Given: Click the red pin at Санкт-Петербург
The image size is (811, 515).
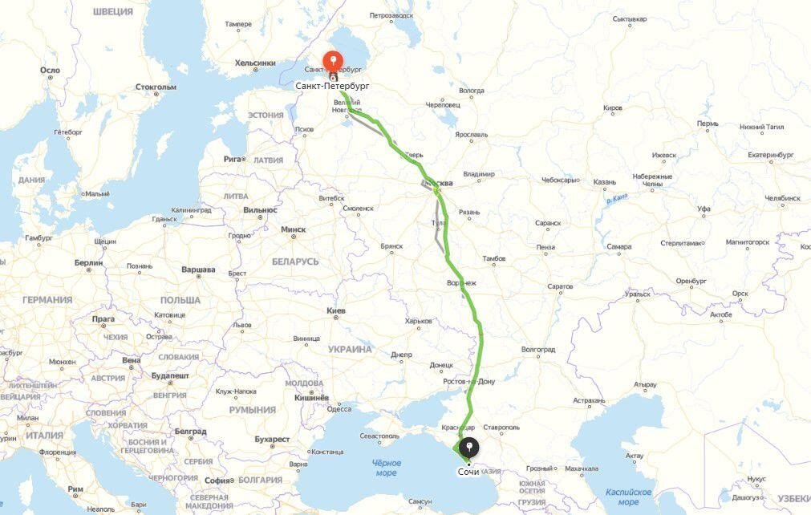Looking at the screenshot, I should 333,61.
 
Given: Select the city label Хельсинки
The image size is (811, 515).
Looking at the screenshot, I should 255,63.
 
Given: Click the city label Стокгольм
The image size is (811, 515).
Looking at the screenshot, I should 156,87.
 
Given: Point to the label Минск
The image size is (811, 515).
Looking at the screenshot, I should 293,229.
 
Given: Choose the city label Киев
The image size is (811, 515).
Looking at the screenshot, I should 336,310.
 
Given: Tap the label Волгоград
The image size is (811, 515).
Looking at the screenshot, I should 538,350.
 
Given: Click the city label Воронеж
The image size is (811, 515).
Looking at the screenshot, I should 461,283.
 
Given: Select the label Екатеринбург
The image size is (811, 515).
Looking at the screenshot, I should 770,154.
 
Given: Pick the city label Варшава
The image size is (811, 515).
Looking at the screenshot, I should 198,270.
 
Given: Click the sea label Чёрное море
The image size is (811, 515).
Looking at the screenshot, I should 386,468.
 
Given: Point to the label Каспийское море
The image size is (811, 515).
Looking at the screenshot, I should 628,497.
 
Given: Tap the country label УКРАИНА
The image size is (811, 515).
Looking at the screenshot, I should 350,350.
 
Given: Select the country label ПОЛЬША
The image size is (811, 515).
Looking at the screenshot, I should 180,299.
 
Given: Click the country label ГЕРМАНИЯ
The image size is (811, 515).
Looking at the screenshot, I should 47,299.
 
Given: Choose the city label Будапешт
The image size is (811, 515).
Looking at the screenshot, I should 169,375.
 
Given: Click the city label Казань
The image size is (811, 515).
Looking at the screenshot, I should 605,182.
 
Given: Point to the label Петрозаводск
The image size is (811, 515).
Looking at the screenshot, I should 391,15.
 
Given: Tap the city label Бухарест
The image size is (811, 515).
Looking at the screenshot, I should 272,439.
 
